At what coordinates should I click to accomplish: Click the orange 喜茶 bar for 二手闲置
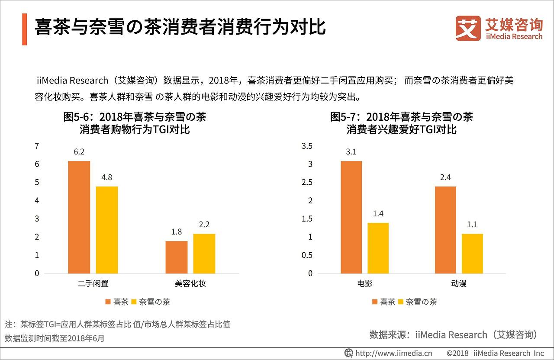click(79, 217)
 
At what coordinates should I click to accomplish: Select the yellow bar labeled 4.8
click(107, 230)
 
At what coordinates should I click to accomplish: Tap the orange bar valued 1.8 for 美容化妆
click(176, 257)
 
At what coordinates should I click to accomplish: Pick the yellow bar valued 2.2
click(204, 254)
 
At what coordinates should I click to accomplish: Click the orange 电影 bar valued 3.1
click(351, 217)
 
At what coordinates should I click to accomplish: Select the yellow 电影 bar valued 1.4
click(378, 248)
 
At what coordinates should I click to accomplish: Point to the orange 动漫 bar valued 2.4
click(445, 230)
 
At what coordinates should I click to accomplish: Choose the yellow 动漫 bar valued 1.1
click(472, 254)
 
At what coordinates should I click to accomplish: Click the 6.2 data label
click(79, 152)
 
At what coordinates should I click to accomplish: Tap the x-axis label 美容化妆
click(190, 284)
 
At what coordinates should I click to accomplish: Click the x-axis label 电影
click(365, 284)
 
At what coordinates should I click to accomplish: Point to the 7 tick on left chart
click(37, 146)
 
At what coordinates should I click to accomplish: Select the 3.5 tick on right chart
click(306, 146)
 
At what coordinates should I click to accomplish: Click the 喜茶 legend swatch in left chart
click(108, 302)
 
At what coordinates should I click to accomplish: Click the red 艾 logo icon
click(468, 29)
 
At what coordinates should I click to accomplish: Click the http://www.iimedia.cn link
click(393, 353)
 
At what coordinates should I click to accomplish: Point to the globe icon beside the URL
click(348, 353)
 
